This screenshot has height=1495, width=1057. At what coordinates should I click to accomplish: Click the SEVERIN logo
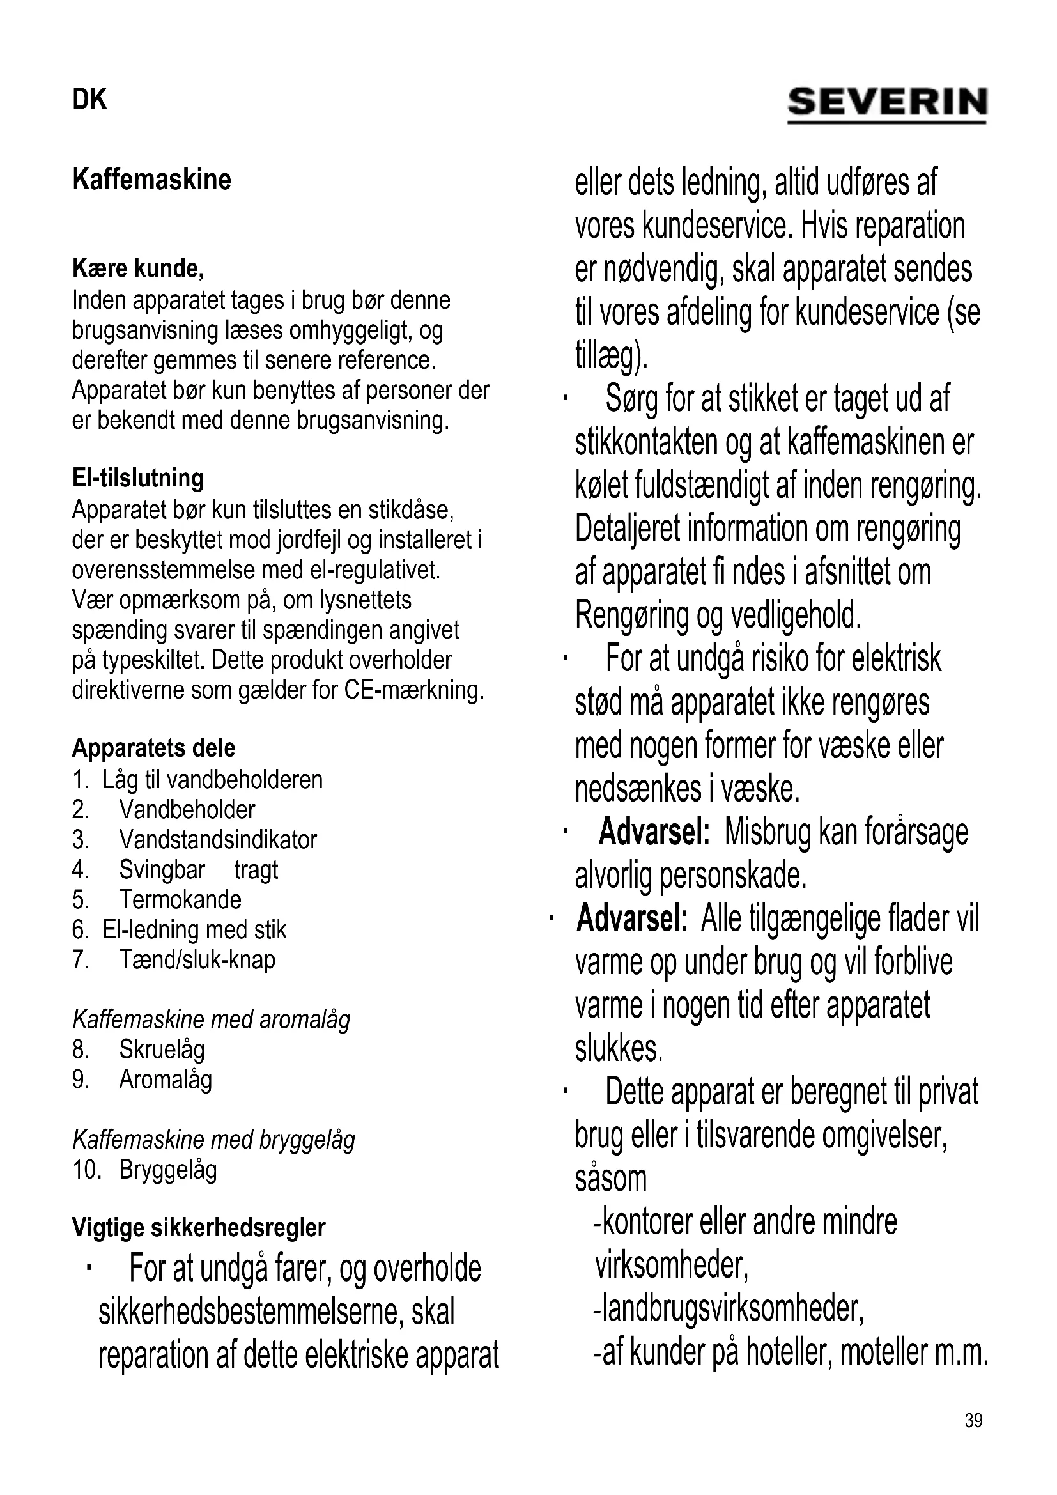click(887, 104)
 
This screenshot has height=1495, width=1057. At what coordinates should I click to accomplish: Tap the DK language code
click(89, 100)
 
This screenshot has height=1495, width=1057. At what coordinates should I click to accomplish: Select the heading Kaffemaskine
click(151, 180)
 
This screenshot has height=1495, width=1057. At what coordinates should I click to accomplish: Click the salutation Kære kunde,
click(138, 268)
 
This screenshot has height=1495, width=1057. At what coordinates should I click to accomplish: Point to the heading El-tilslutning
click(138, 478)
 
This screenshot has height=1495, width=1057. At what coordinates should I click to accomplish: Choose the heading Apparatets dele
click(153, 748)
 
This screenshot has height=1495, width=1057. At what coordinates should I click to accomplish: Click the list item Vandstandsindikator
click(217, 840)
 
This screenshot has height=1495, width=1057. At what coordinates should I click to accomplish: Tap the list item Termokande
click(180, 900)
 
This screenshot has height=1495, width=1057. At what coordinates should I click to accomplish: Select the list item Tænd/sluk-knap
click(197, 960)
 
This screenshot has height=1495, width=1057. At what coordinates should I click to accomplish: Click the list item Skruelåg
click(162, 1050)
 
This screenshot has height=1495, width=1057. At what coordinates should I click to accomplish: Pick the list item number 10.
click(86, 1170)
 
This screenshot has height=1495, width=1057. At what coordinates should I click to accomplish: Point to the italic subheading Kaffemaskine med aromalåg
click(211, 1019)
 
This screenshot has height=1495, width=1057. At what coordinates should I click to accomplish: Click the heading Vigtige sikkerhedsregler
click(199, 1227)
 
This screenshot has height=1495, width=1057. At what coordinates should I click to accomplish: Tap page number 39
click(973, 1438)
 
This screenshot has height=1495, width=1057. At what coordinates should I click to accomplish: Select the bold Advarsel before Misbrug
click(654, 832)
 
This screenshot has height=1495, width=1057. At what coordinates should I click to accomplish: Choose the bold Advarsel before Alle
click(632, 918)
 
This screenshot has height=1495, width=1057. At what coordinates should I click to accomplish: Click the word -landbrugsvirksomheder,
click(729, 1308)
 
